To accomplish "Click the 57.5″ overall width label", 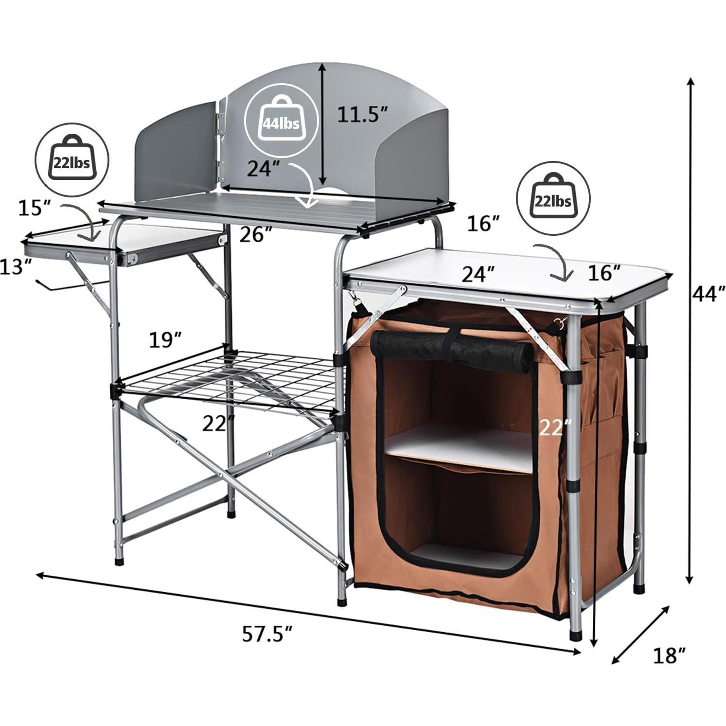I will (267, 634).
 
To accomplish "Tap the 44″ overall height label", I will (708, 294).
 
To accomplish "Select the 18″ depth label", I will (670, 655).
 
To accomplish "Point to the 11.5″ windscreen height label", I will (363, 115).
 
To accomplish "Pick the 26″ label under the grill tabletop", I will (256, 234).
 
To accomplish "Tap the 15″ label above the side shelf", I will (35, 209).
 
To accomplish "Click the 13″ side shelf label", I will (16, 267).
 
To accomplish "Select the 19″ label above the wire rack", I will (165, 340).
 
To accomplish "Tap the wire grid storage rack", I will (229, 379).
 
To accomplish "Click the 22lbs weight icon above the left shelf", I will (72, 159).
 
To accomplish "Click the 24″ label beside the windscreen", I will (263, 169).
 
